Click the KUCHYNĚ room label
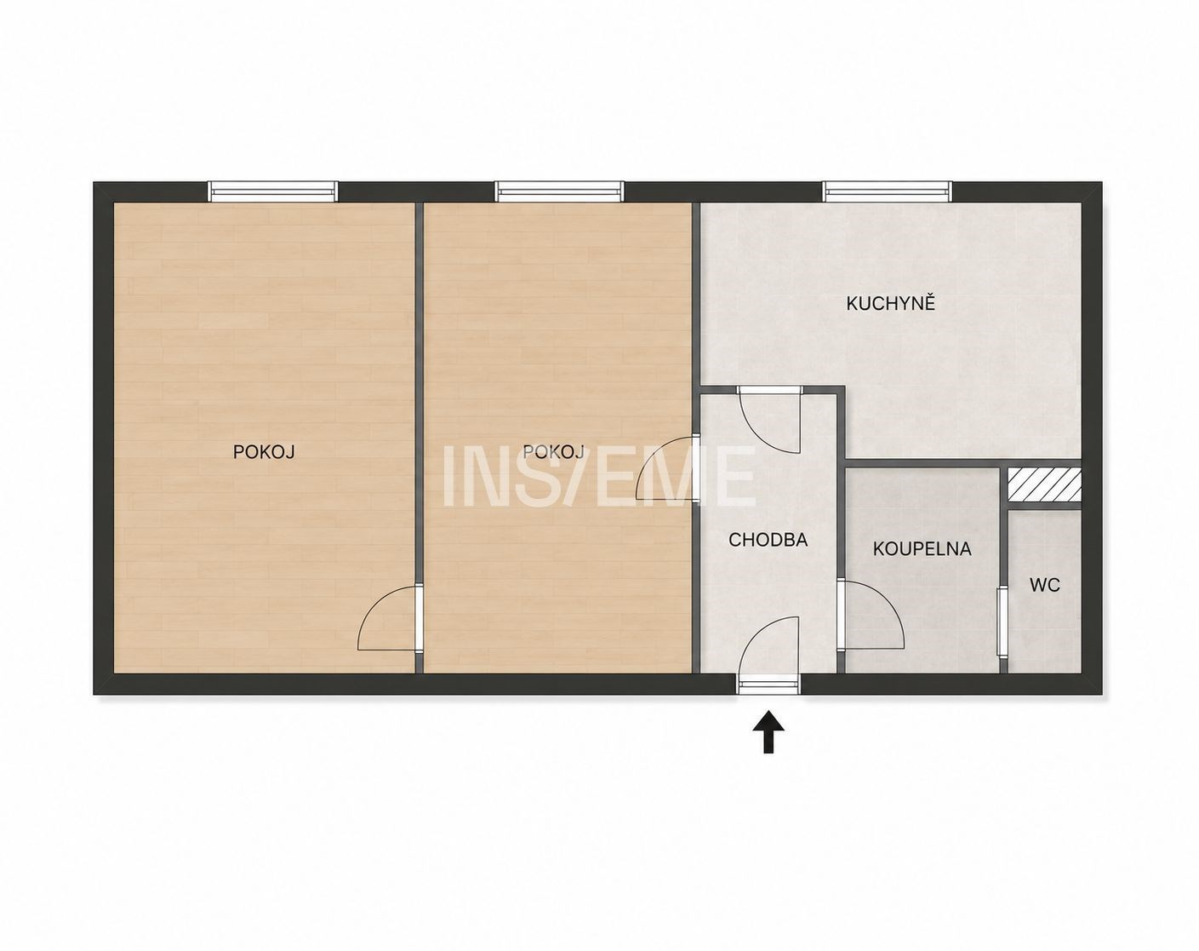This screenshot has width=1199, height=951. point(890,304)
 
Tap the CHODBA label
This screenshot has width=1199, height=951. point(768,540)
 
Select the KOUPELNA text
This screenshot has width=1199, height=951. point(922,549)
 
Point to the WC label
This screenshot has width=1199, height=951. point(1044,585)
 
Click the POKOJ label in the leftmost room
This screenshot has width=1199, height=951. point(264,452)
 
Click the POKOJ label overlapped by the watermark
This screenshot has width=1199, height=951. point(553,452)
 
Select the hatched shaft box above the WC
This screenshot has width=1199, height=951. point(1044,484)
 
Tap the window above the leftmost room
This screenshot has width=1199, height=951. point(273,192)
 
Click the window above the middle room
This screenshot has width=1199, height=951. point(559,192)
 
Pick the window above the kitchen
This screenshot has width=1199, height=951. point(888,192)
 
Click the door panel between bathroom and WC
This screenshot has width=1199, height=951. point(1002,621)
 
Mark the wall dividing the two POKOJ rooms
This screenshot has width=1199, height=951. point(420,438)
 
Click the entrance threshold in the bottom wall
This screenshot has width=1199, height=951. point(768,685)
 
